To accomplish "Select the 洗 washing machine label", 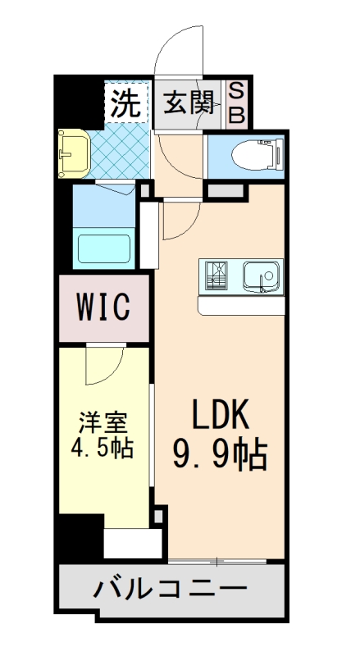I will [x=125, y=103].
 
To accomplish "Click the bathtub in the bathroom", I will [x=103, y=248].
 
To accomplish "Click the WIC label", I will [x=103, y=308].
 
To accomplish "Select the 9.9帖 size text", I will [x=219, y=453].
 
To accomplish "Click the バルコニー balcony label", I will [x=170, y=588].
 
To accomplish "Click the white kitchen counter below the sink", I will [x=241, y=306].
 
